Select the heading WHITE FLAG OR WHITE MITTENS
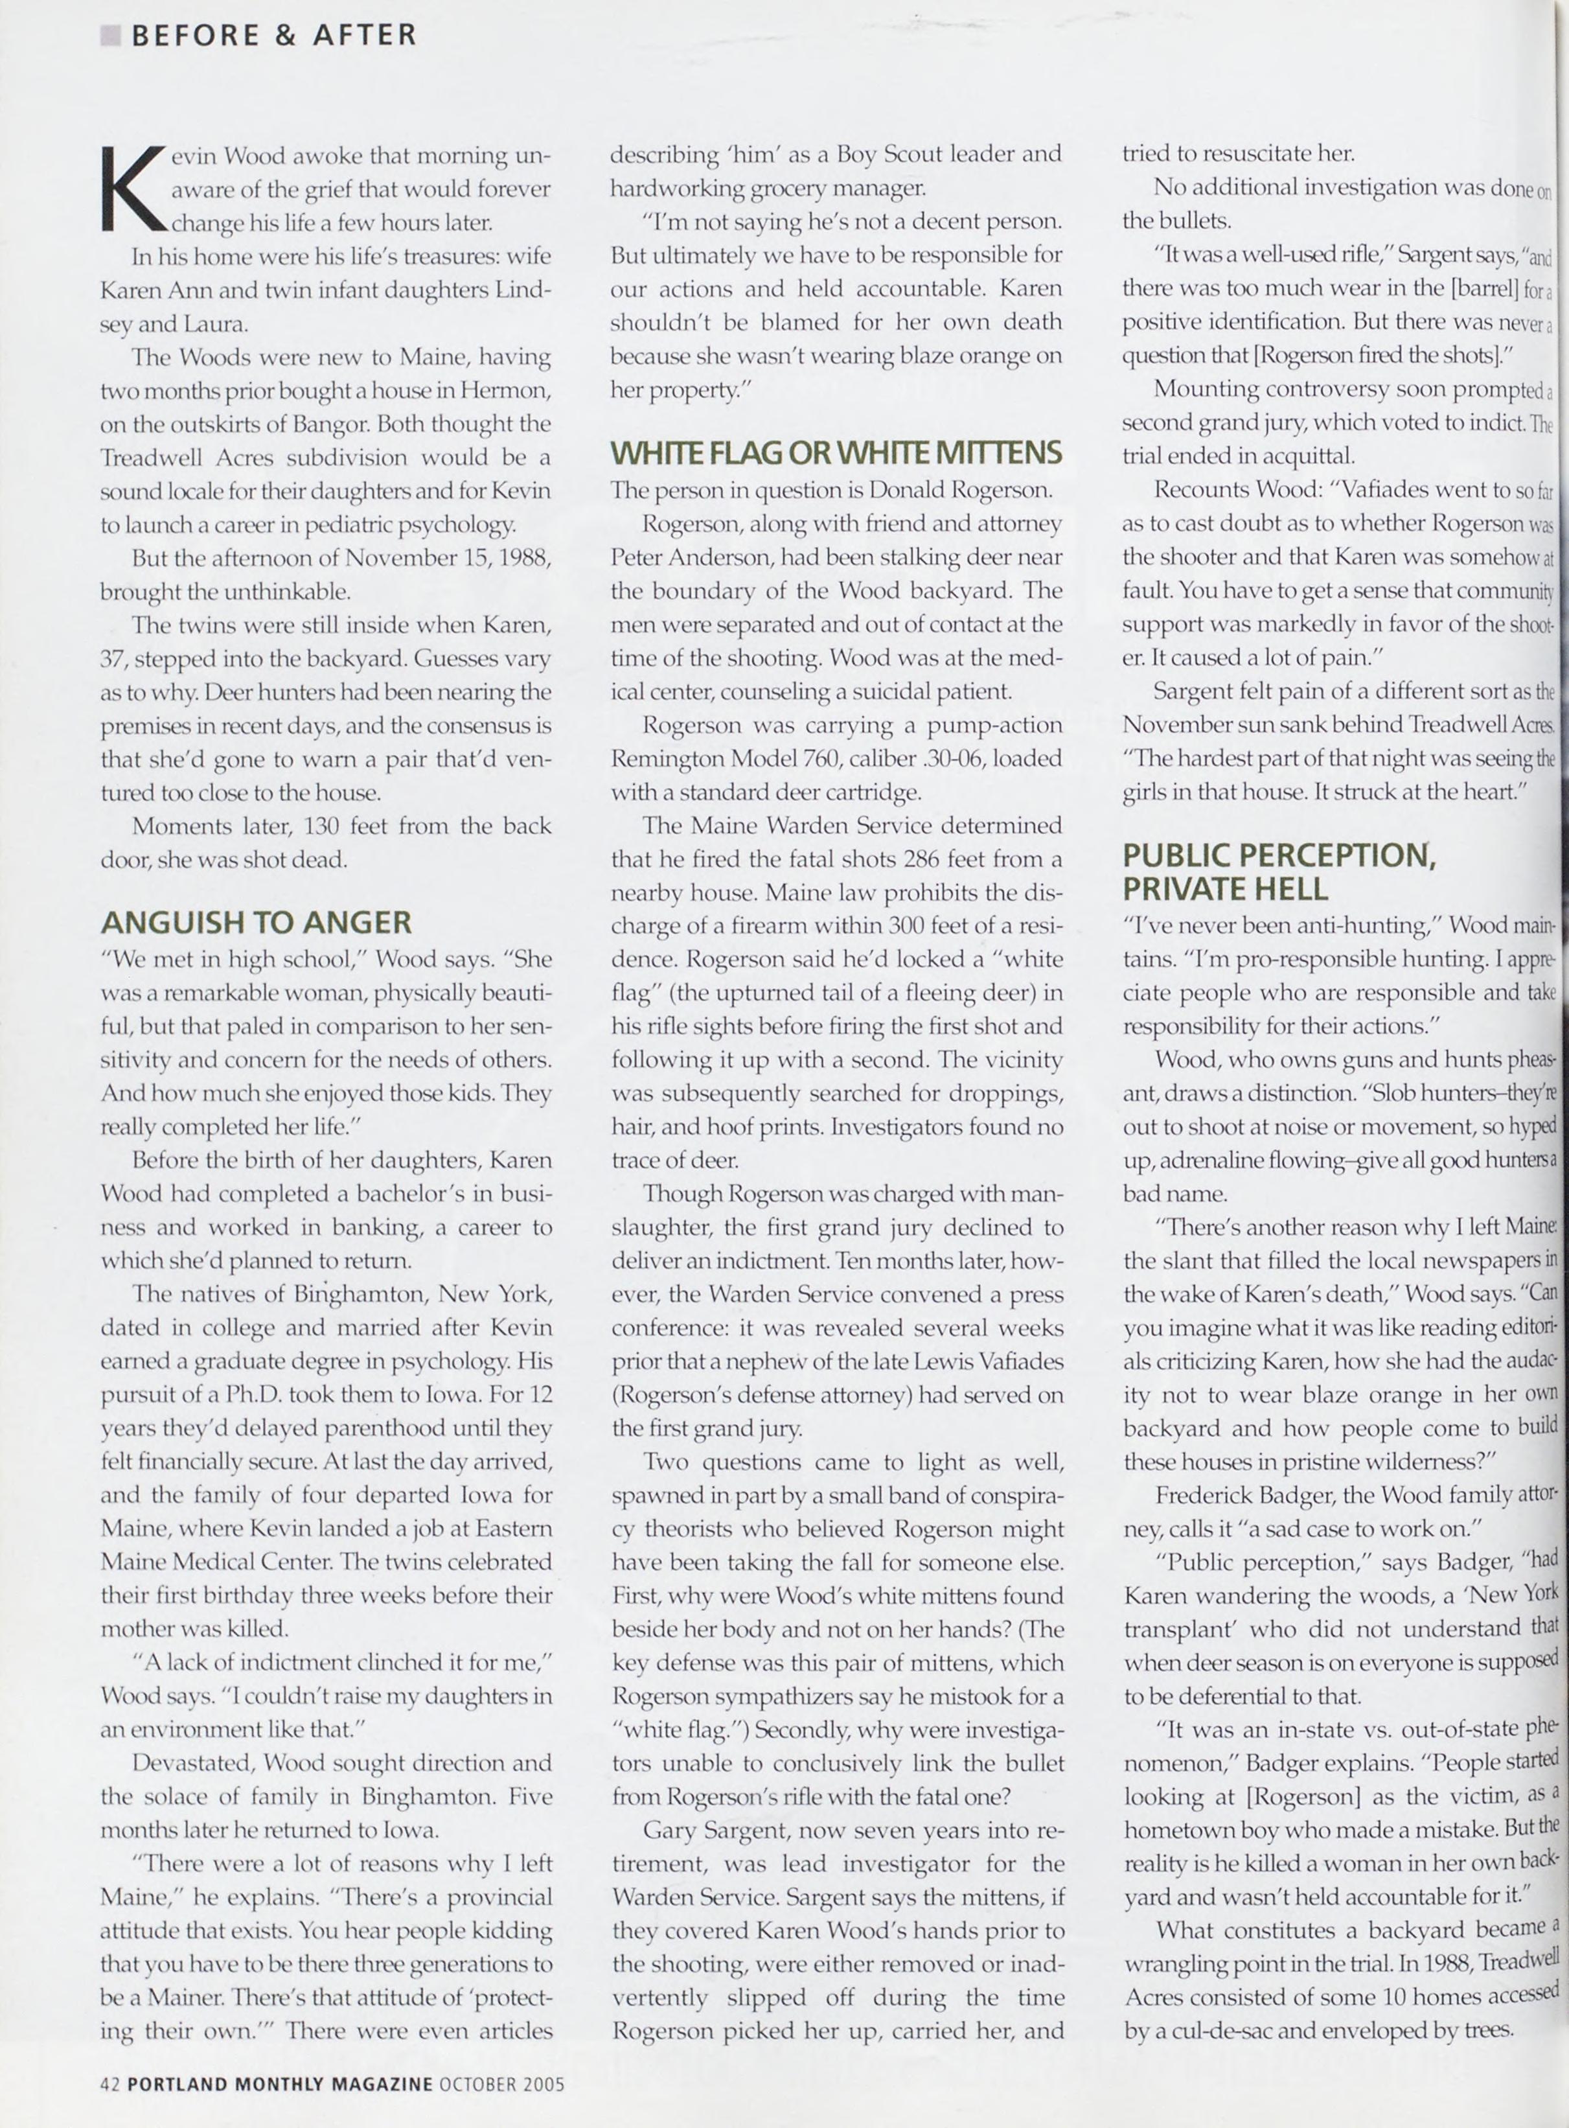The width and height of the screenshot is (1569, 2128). tap(835, 453)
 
